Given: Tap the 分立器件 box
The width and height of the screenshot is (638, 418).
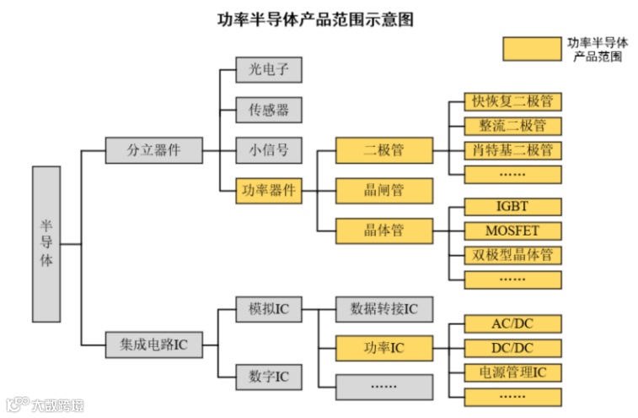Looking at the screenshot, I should [154, 150].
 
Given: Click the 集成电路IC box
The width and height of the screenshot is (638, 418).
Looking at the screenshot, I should [154, 345].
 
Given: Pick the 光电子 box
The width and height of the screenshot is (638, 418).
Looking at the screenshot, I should [269, 70].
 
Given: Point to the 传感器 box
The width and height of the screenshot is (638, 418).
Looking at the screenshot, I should [269, 111].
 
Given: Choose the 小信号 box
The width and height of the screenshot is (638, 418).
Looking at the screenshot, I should [269, 150].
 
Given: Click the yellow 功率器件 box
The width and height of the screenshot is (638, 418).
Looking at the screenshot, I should [269, 190].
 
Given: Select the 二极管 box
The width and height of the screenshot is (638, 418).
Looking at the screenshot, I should [384, 150].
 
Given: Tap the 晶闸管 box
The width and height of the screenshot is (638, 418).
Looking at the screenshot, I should [384, 190].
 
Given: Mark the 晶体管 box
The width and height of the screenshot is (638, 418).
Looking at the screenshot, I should [384, 230].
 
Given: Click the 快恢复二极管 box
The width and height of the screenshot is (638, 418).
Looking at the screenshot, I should [512, 102].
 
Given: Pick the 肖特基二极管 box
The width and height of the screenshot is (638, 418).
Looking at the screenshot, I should [512, 150].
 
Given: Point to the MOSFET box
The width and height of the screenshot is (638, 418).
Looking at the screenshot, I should [512, 231].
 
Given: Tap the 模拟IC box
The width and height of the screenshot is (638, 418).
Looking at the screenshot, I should [269, 309].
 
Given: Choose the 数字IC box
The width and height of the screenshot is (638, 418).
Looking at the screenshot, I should [269, 376].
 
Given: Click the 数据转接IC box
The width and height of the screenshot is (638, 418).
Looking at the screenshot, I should [384, 309].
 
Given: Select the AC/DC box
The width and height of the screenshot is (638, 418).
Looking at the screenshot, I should [512, 324].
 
